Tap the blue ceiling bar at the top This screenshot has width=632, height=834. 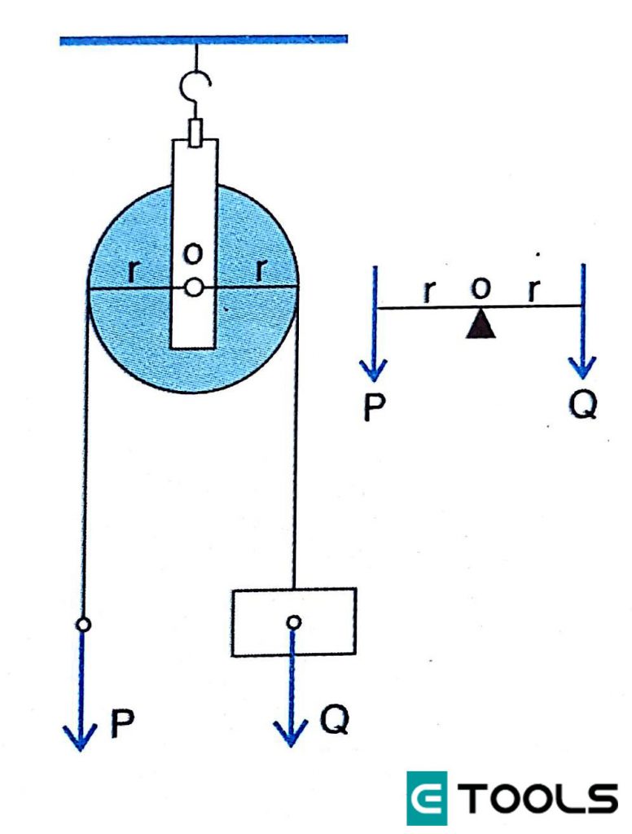tap(204, 38)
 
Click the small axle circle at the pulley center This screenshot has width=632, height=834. tap(193, 288)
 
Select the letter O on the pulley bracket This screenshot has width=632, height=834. tap(193, 255)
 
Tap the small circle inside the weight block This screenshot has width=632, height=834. tap(293, 622)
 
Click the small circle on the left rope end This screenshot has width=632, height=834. tap(82, 625)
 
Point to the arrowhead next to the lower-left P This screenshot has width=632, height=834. tap(81, 737)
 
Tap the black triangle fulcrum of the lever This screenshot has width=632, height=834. tap(481, 323)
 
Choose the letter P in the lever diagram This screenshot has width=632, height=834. tap(374, 406)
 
